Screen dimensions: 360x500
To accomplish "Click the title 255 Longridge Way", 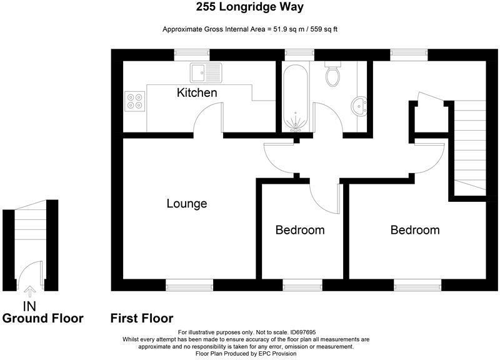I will coord(250,8).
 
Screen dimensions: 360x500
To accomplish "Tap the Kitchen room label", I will coord(197,93).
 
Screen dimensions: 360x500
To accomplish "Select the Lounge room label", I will coord(186,204).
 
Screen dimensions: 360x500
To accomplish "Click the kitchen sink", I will coord(206,72).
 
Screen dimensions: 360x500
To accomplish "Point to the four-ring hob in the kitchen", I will coord(134,101).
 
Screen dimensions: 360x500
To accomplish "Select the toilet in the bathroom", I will coord(332,75).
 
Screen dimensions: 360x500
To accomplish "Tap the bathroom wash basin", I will coord(360,106).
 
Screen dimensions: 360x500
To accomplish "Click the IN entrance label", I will coord(29,306).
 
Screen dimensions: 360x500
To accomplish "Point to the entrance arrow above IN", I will coord(29,292).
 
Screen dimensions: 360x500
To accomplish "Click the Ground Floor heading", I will coord(42,319).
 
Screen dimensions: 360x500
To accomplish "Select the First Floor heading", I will coord(142,319).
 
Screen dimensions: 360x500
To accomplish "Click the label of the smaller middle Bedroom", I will coord(300,230).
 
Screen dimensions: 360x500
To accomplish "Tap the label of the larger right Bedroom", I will coord(414,230).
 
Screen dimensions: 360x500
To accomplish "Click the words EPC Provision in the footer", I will coord(279,354).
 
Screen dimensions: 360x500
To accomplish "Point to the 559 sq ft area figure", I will coord(321,29).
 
